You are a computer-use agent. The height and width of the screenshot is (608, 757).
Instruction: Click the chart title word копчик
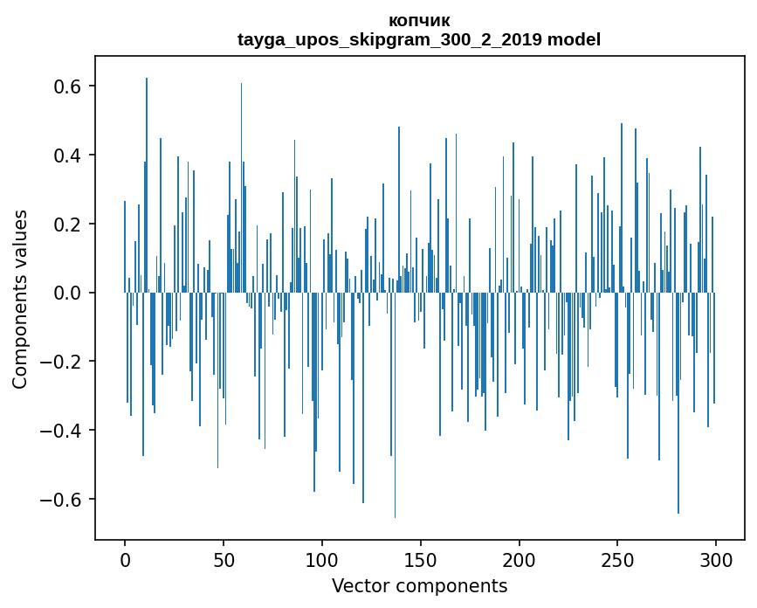(x=419, y=20)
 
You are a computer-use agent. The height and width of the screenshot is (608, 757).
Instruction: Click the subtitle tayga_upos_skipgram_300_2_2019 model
(x=419, y=39)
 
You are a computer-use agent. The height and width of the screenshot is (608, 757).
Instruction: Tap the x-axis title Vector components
(x=419, y=585)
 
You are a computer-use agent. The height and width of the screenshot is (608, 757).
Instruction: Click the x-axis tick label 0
(x=125, y=559)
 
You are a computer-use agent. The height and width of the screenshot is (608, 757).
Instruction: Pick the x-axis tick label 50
(x=224, y=559)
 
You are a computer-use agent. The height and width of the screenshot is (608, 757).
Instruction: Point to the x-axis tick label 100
(x=322, y=559)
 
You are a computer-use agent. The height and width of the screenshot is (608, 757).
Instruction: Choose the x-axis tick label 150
(x=421, y=559)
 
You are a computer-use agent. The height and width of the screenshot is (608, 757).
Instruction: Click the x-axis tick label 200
(x=520, y=559)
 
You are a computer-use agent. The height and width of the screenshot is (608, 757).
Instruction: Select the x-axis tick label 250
(x=618, y=559)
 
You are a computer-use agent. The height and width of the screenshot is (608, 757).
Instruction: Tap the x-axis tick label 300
(x=716, y=559)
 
